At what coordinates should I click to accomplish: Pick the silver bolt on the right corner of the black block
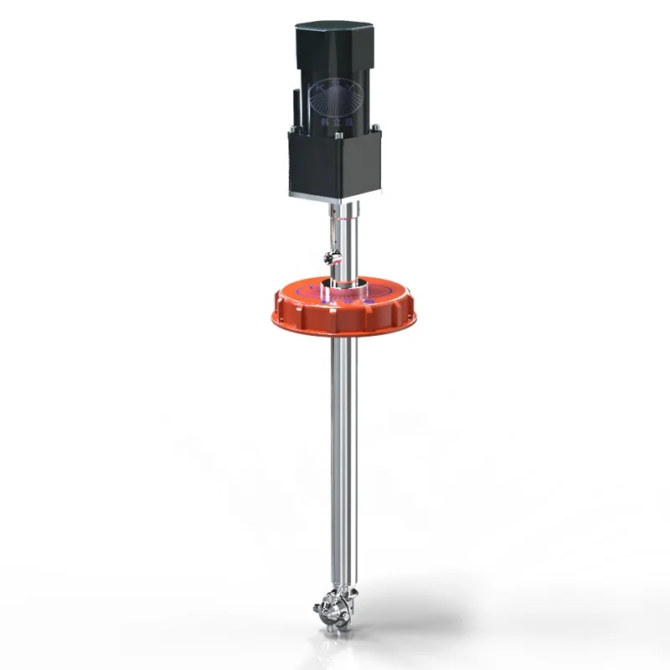click(376, 128)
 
